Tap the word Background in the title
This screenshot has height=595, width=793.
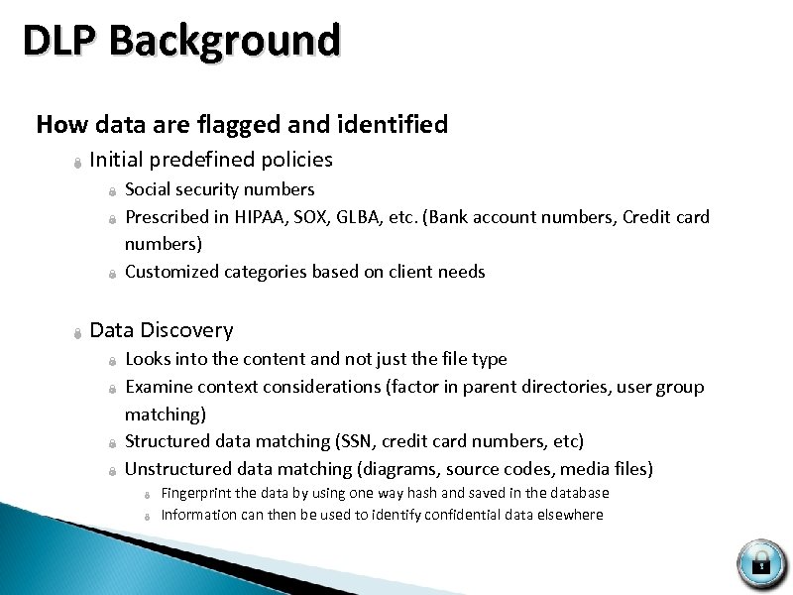pyautogui.click(x=226, y=42)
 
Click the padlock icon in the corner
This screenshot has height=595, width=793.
pyautogui.click(x=761, y=563)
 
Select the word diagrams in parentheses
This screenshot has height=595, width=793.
pyautogui.click(x=406, y=469)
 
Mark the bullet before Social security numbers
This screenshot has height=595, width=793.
pyautogui.click(x=113, y=191)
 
